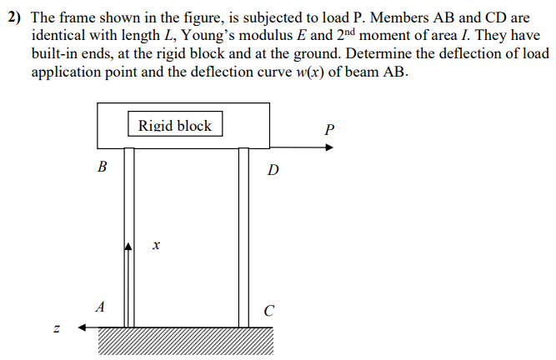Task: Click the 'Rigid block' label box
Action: coord(175,126)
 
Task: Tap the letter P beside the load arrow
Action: coord(330,129)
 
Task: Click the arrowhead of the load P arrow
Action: coord(329,147)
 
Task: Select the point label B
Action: coord(103,166)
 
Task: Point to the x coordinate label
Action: coord(156,246)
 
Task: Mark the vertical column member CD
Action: coord(243,237)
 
